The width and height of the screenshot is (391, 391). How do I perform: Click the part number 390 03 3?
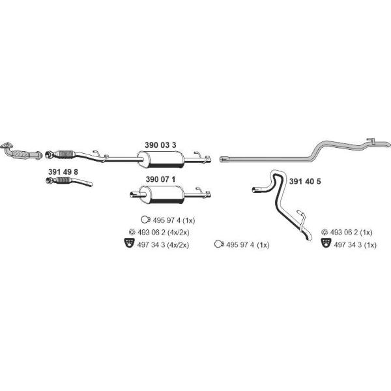pyautogui.click(x=160, y=145)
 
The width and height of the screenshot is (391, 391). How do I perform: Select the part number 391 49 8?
pyautogui.click(x=63, y=172)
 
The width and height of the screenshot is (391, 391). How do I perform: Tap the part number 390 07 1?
pyautogui.click(x=160, y=179)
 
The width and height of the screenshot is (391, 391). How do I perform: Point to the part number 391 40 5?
pyautogui.click(x=305, y=182)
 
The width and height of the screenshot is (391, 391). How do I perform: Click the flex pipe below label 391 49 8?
pyautogui.click(x=69, y=181)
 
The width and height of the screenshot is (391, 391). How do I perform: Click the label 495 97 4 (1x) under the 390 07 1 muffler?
pyautogui.click(x=174, y=220)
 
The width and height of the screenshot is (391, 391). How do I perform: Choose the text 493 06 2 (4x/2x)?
pyautogui.click(x=164, y=233)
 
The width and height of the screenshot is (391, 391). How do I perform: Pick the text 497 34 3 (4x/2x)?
pyautogui.click(x=163, y=244)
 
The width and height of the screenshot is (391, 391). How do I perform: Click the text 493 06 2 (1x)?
pyautogui.click(x=351, y=233)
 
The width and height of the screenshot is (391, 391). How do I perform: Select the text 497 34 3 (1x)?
pyautogui.click(x=355, y=245)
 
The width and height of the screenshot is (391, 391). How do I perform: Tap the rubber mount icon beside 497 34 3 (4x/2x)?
pyautogui.click(x=130, y=243)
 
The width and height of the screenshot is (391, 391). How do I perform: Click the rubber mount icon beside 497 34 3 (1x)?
pyautogui.click(x=326, y=243)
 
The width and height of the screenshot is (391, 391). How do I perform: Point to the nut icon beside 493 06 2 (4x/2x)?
pyautogui.click(x=132, y=232)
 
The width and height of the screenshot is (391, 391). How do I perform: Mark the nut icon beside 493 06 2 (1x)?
pyautogui.click(x=325, y=232)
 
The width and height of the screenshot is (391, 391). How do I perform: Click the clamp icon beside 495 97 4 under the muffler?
pyautogui.click(x=145, y=220)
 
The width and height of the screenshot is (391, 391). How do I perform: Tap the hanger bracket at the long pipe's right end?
pyautogui.click(x=371, y=141)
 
